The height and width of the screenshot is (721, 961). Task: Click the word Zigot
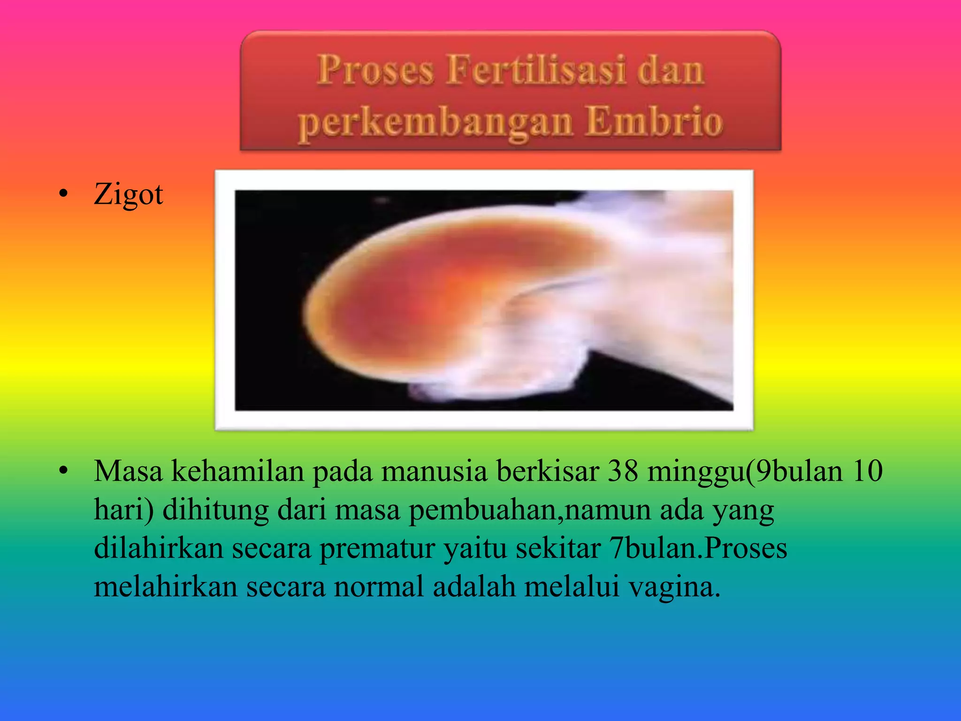coord(128,194)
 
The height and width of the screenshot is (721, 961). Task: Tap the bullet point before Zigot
coord(64,194)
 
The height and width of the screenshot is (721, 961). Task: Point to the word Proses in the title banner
coord(375,70)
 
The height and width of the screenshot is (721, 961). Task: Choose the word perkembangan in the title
coord(436,123)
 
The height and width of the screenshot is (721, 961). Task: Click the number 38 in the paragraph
coord(623,471)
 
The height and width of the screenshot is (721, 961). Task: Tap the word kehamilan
coord(237,471)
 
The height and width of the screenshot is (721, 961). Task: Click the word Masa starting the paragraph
coord(128,471)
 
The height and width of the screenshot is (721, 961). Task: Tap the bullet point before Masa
coord(64,471)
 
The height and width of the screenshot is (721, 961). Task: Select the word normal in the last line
coord(379,587)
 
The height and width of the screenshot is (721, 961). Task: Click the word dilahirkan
coord(159,548)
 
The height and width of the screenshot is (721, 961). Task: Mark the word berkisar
coord(548,471)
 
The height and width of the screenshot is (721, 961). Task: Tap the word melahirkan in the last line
coord(166,587)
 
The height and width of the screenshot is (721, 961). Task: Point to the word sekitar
coord(558,548)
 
